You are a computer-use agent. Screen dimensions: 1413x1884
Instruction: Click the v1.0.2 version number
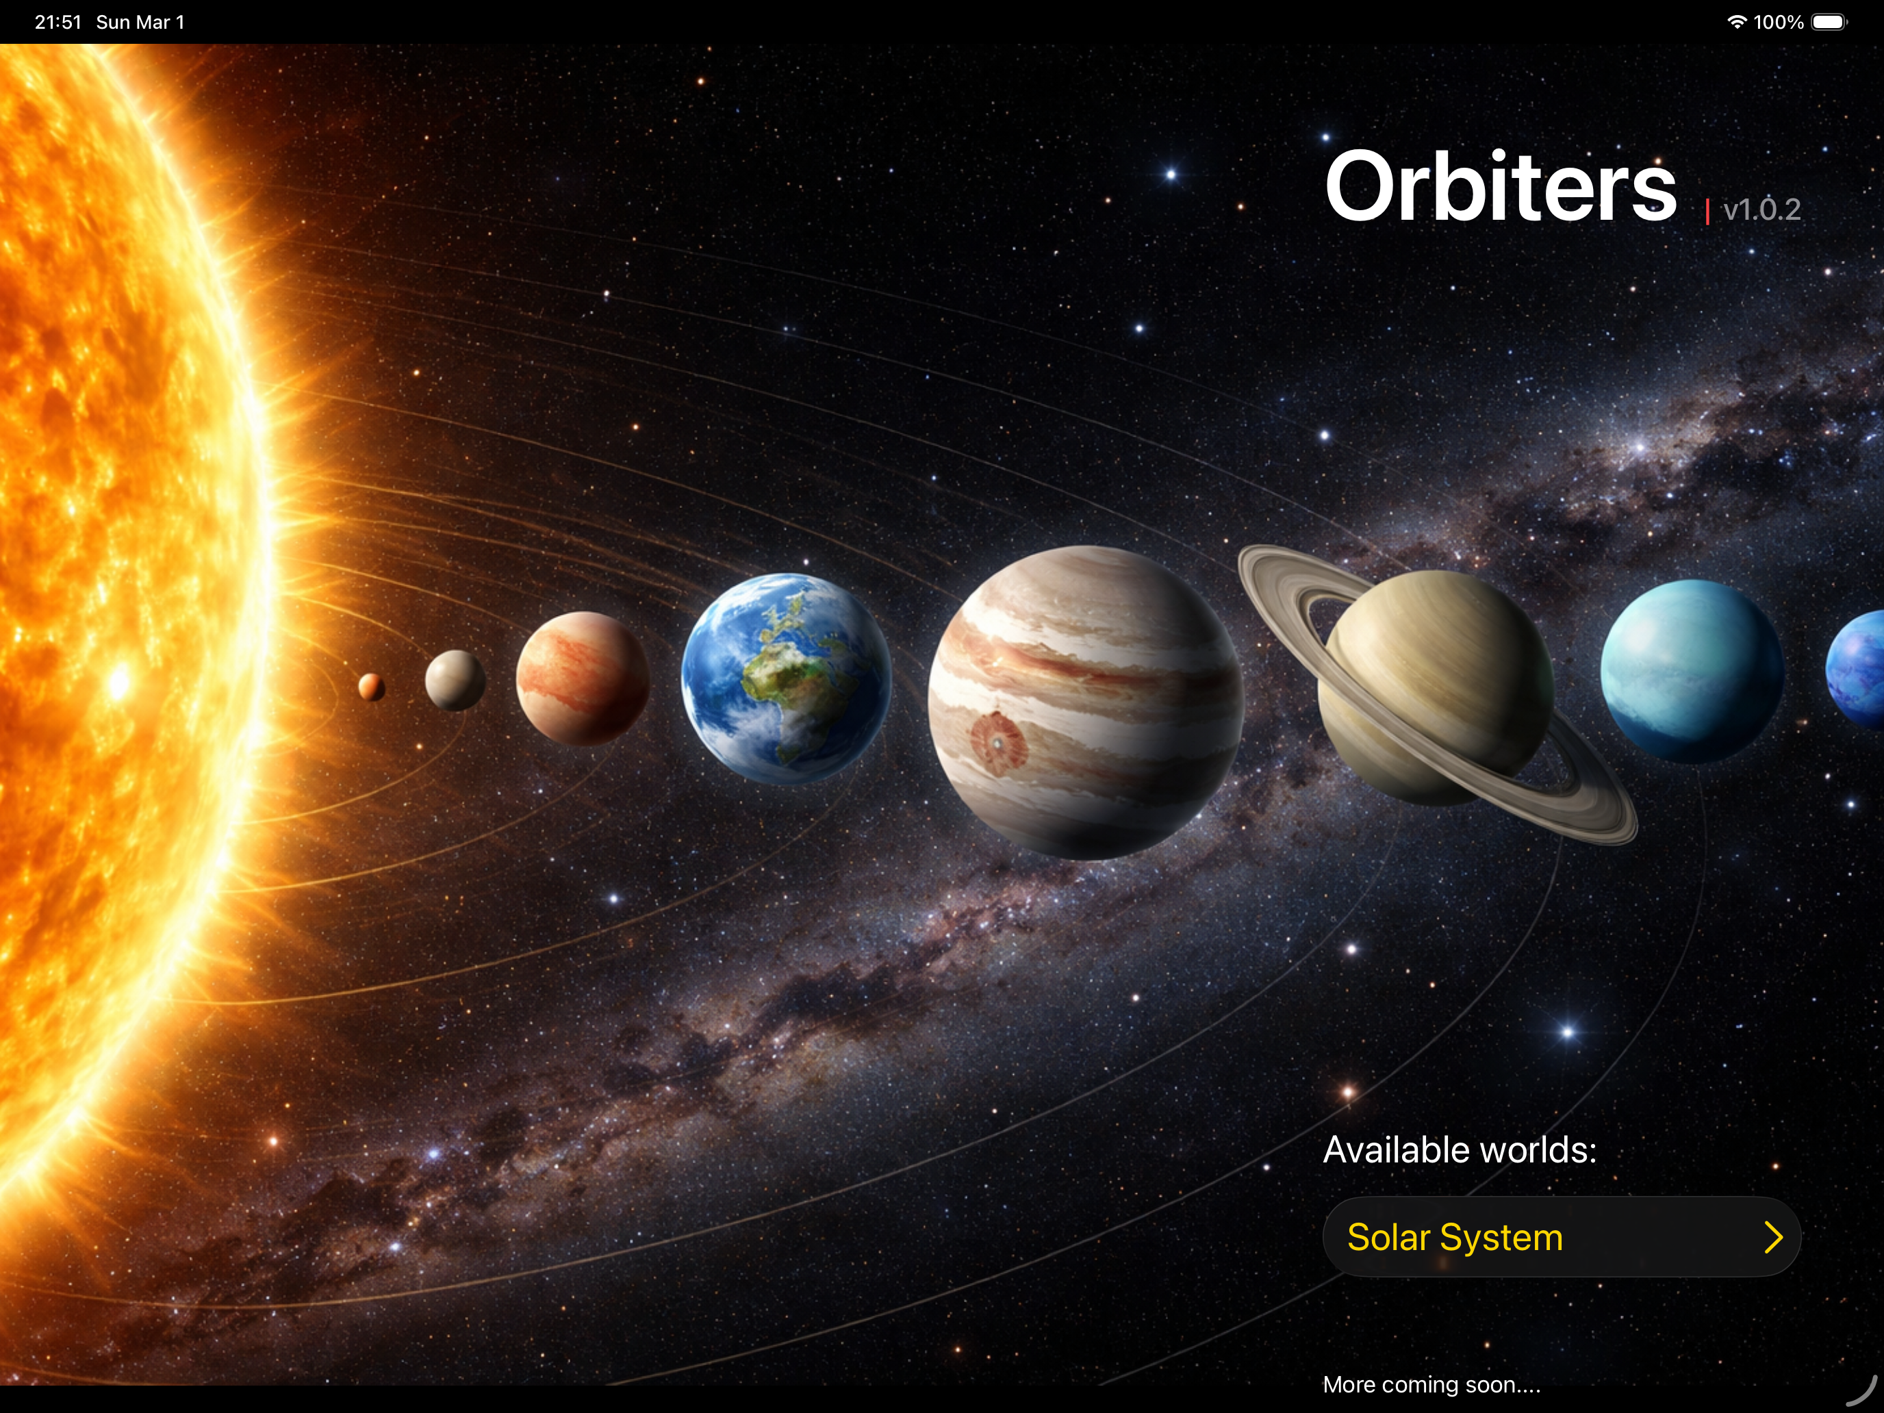[x=1761, y=209]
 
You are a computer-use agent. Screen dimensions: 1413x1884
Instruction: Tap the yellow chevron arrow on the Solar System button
[x=1773, y=1236]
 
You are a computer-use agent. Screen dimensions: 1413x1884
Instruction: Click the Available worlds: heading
[x=1459, y=1150]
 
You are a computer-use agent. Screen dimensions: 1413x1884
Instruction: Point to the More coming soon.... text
[x=1431, y=1385]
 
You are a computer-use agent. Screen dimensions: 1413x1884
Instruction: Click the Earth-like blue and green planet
[x=786, y=678]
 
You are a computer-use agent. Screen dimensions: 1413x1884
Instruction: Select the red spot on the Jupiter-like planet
[x=998, y=743]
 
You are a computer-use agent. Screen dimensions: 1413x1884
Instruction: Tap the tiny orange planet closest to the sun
[x=371, y=687]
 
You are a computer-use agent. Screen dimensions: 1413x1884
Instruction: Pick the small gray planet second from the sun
[x=455, y=680]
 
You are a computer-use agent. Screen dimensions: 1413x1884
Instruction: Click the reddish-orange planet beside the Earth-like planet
[x=583, y=678]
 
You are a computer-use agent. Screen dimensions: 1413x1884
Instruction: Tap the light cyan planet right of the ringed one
[x=1692, y=670]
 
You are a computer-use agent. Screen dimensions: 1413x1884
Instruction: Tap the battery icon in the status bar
[x=1828, y=22]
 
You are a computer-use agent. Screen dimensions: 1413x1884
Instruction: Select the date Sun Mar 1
[x=140, y=22]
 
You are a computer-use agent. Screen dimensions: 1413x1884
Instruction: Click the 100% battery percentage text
[x=1779, y=22]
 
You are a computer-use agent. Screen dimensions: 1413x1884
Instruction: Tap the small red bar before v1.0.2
[x=1707, y=212]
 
